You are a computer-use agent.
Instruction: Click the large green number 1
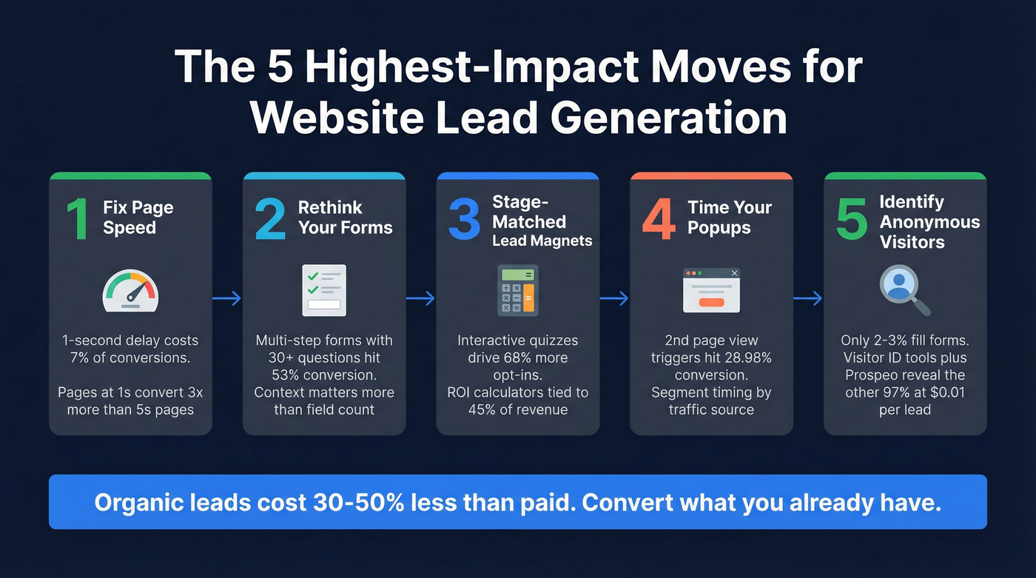click(x=76, y=219)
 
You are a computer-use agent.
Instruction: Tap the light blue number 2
click(x=269, y=219)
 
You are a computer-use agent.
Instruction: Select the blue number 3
click(x=464, y=219)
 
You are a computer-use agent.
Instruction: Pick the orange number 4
click(x=659, y=219)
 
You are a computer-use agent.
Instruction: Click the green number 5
click(x=852, y=219)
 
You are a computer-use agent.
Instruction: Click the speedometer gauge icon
click(x=130, y=290)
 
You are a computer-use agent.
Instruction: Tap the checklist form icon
click(x=323, y=290)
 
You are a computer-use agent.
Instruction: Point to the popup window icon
click(x=711, y=290)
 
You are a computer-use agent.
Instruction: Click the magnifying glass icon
click(x=904, y=289)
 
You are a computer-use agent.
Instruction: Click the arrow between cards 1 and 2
click(x=227, y=298)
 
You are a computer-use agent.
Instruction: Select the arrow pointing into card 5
click(x=808, y=298)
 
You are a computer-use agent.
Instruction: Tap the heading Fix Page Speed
click(x=138, y=218)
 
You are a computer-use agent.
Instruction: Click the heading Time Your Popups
click(x=729, y=218)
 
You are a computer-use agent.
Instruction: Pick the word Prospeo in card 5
click(x=875, y=375)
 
